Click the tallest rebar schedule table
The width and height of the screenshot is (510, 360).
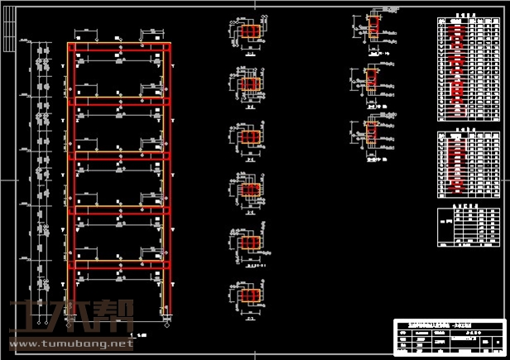point(469,69)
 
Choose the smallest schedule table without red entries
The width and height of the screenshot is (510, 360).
point(469,228)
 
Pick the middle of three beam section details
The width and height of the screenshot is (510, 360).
point(373,79)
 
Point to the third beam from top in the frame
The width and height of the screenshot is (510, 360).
point(122,154)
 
